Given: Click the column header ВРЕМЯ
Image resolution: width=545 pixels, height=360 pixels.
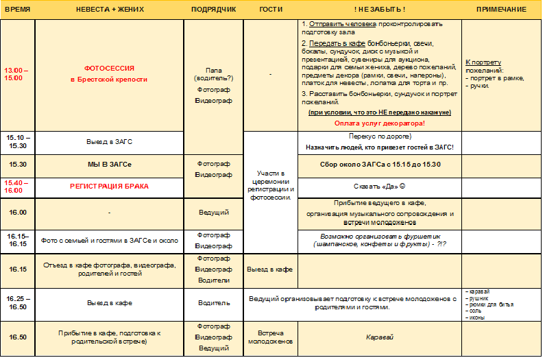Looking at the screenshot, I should point(16,10).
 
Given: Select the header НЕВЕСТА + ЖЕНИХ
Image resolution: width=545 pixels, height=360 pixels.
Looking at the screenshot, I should point(109,10).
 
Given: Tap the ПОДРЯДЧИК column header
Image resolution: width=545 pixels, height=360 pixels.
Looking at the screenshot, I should point(214,10).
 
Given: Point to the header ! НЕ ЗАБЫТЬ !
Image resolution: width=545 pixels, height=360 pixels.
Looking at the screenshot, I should point(379,10).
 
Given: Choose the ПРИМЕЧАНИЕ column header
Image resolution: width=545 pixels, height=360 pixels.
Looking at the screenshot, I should point(501,10).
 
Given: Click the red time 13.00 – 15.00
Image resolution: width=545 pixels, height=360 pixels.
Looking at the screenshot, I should point(15,74).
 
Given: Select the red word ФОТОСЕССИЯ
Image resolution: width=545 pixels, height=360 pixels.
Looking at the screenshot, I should point(109,69).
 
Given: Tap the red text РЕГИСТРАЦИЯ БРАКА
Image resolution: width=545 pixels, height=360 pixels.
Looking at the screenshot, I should point(109,186).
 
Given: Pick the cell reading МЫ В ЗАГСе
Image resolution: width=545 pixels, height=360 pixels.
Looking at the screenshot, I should point(109,165).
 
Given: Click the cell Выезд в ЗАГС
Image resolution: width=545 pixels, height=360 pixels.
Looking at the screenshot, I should point(109,141).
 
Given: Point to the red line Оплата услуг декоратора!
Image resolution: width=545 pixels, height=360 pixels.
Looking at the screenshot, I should point(379,123).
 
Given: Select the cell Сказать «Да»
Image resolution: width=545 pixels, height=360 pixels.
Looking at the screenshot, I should point(379,186).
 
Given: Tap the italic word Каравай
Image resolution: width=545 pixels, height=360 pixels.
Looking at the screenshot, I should point(379,337).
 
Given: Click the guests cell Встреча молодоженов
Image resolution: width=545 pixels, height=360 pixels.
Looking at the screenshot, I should point(270,337).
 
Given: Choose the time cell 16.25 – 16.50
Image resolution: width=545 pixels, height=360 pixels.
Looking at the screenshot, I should point(16,302).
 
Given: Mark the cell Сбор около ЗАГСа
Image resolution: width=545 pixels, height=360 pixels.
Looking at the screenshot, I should point(379,165).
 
